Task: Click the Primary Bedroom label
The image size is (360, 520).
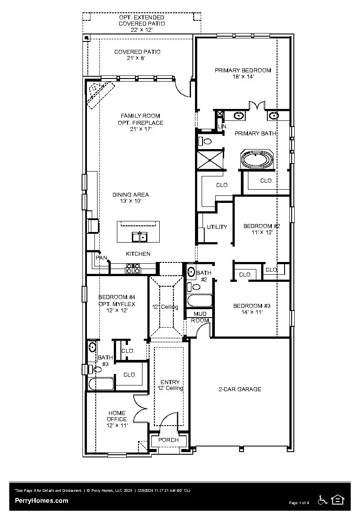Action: pyautogui.click(x=243, y=70)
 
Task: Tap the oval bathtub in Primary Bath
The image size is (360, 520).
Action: pyautogui.click(x=257, y=159)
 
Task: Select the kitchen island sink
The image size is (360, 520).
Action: pyautogui.click(x=139, y=237)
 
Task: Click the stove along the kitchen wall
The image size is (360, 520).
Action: pyautogui.click(x=133, y=268)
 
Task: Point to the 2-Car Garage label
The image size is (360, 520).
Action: pyautogui.click(x=240, y=389)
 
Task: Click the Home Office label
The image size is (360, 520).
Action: pyautogui.click(x=116, y=416)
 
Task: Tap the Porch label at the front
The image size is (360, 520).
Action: pyautogui.click(x=169, y=440)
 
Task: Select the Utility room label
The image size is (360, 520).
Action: pyautogui.click(x=217, y=227)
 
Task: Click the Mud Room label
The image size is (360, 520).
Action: pyautogui.click(x=200, y=317)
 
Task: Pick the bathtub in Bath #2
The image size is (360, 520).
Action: pyautogui.click(x=200, y=301)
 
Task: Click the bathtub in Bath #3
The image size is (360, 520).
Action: pyautogui.click(x=101, y=384)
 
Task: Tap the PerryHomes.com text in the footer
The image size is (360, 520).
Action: pyautogui.click(x=41, y=500)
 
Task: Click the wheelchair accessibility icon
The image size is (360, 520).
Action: pyautogui.click(x=322, y=500)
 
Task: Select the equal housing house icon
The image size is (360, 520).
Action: pyautogui.click(x=338, y=500)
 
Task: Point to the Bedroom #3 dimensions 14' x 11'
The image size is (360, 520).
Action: pyautogui.click(x=251, y=312)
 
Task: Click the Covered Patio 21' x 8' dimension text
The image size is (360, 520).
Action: pyautogui.click(x=137, y=58)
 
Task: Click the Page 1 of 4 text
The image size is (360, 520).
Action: pyautogui.click(x=299, y=503)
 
